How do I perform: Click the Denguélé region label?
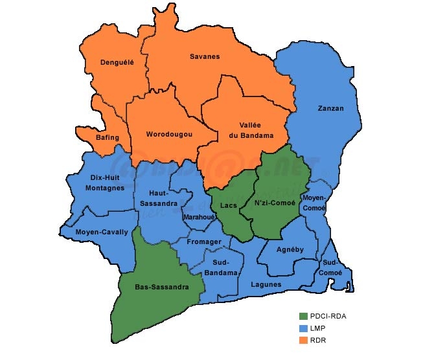pyautogui.click(x=117, y=62)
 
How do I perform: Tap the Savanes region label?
pyautogui.click(x=205, y=56)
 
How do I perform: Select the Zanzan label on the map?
pyautogui.click(x=331, y=108)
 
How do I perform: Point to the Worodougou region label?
pyautogui.click(x=170, y=134)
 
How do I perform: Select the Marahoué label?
pyautogui.click(x=199, y=218)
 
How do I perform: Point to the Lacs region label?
pyautogui.click(x=229, y=205)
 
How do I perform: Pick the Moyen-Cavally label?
pyautogui.click(x=102, y=232)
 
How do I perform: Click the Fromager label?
pyautogui.click(x=204, y=242)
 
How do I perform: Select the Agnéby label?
pyautogui.click(x=286, y=249)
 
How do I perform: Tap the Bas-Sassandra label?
pyautogui.click(x=162, y=286)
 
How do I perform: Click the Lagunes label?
pyautogui.click(x=266, y=284)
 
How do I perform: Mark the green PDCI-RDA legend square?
pyautogui.click(x=303, y=316)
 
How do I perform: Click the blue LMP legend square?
pyautogui.click(x=303, y=328)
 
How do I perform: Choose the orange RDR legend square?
pyautogui.click(x=303, y=340)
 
